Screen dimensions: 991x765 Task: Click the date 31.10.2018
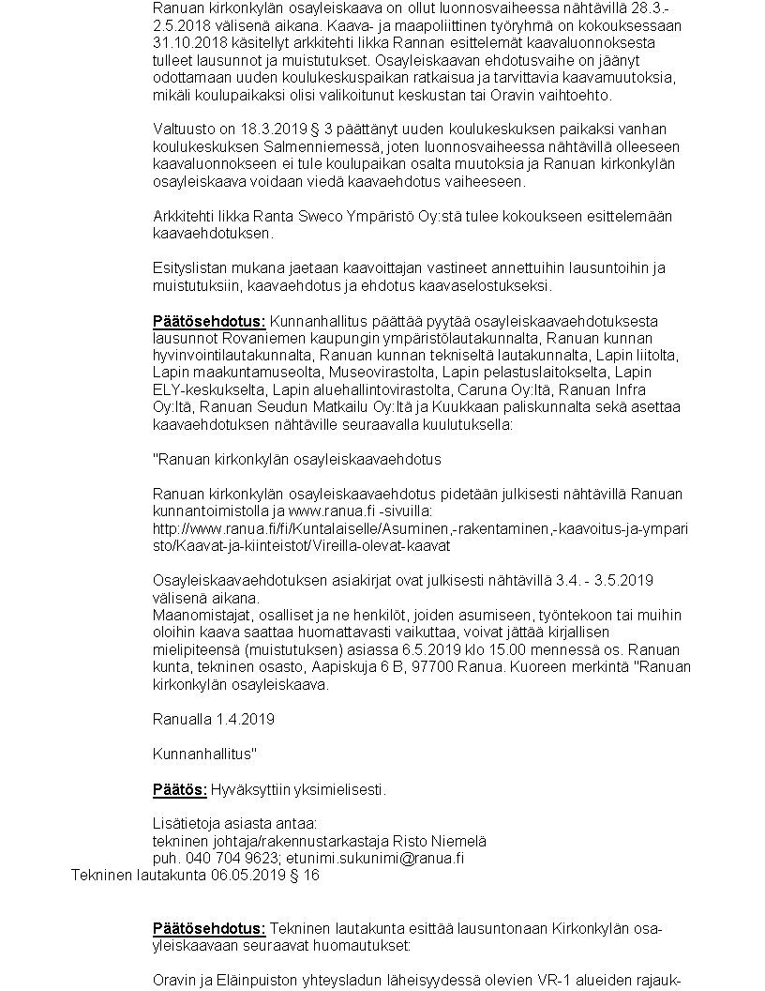tap(186, 43)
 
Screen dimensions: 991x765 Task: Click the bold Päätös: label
tap(180, 789)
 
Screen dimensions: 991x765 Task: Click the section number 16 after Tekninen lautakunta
tap(311, 875)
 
